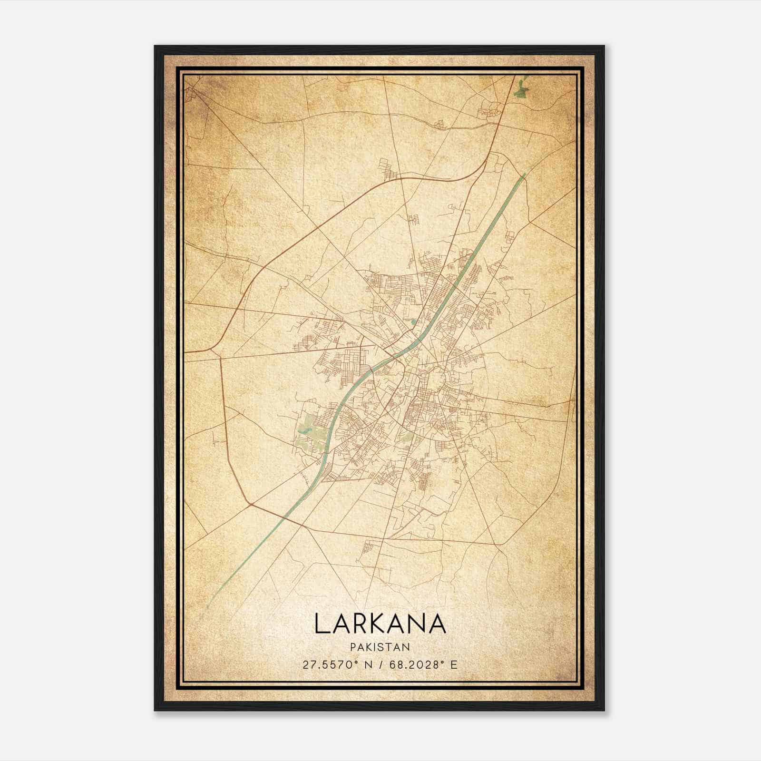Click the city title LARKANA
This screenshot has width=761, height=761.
point(380,624)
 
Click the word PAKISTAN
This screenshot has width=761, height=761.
point(380,647)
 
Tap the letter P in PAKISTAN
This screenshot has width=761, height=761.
point(353,647)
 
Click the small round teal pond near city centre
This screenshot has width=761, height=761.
point(413,322)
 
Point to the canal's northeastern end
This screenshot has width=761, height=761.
point(525,175)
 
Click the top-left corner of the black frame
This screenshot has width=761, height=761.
point(155,46)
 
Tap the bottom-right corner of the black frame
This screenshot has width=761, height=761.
point(604,710)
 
